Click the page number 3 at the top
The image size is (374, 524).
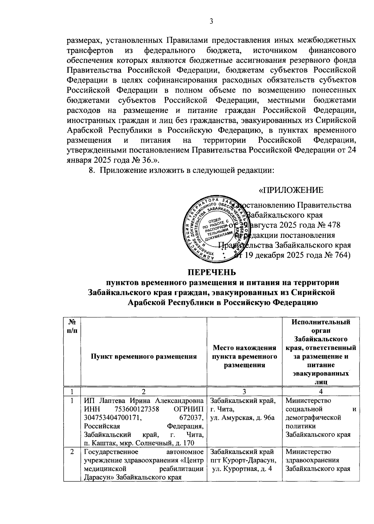click(x=211, y=21)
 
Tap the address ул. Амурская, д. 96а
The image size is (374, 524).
click(x=243, y=418)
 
